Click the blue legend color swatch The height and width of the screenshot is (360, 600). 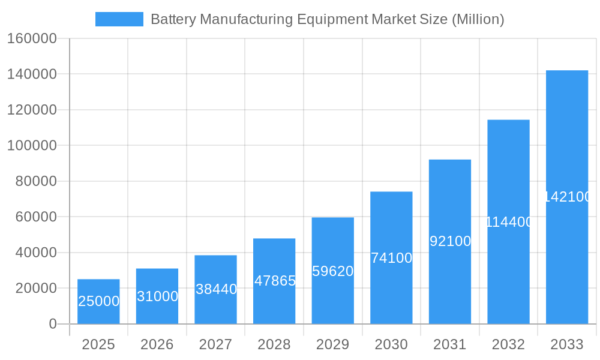tap(119, 19)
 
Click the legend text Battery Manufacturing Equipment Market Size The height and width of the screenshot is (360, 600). tap(327, 19)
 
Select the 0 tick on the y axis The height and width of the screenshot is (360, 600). tap(53, 324)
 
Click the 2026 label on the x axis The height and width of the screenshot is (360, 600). tap(157, 344)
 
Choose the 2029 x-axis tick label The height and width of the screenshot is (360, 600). tap(333, 344)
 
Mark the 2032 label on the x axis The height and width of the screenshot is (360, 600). tap(508, 344)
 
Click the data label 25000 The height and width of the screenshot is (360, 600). tap(98, 301)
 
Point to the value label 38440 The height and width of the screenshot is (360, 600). tap(216, 289)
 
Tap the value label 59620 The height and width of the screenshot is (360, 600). tap(333, 271)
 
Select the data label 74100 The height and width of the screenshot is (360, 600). tap(391, 258)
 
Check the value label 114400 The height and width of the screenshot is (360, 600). tap(509, 222)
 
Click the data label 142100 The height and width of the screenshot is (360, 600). tap(568, 197)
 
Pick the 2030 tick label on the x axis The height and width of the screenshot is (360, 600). tap(391, 344)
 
